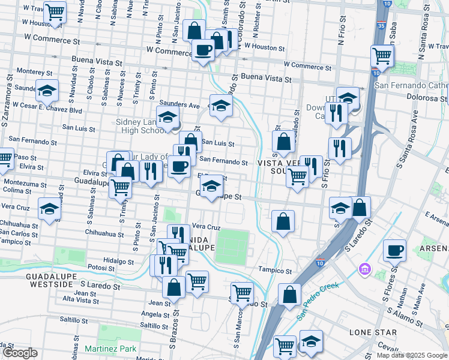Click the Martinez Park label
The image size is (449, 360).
point(111,349)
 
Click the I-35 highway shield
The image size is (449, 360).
point(381,27)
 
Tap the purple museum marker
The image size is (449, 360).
point(364,268)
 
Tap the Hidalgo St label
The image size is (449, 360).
point(118,262)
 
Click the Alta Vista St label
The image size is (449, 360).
point(76,299)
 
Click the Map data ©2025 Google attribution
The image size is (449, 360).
point(412,355)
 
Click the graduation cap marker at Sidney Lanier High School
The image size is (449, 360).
point(168,116)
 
